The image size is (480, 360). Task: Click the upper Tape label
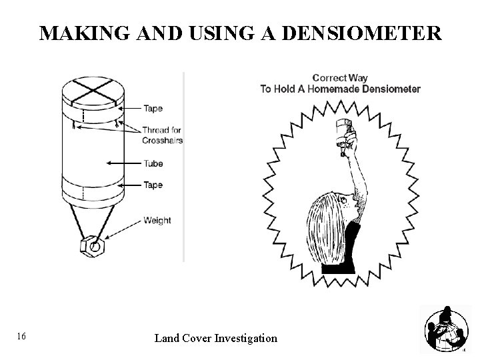point(153,109)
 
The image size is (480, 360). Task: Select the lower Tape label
point(153,185)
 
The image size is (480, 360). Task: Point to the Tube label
point(153,163)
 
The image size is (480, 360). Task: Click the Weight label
point(157,221)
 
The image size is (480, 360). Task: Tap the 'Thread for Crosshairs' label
point(162,135)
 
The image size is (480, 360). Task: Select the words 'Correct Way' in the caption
point(340,78)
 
